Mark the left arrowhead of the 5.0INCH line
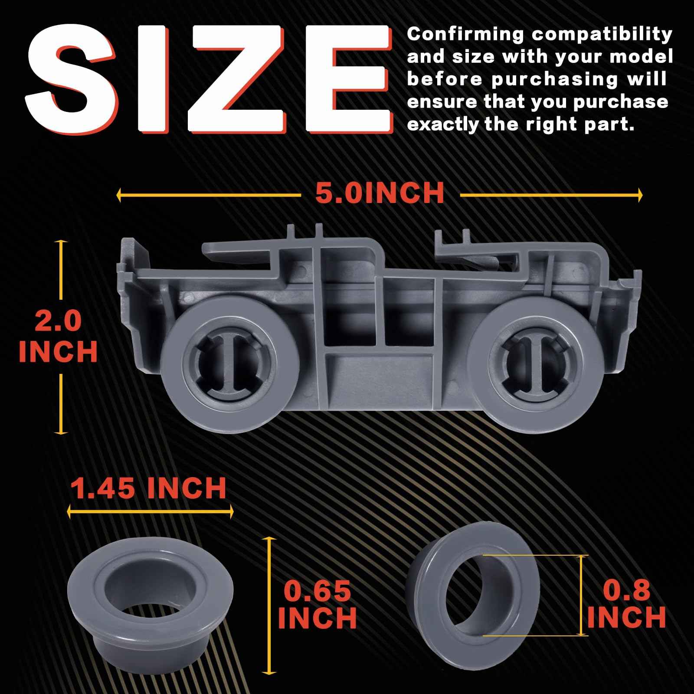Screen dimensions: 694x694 119,195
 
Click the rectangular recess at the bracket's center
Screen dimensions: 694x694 379,371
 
